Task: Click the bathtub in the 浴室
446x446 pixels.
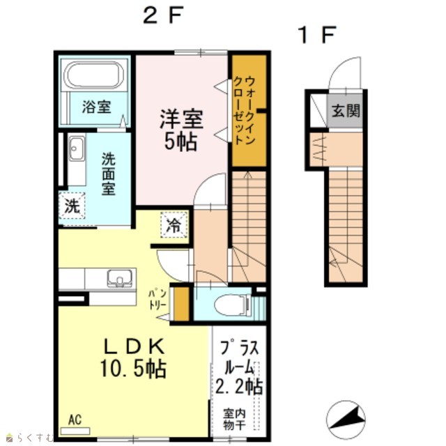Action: click(95, 75)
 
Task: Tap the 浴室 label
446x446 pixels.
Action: click(96, 107)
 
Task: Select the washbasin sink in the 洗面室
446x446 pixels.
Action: click(77, 148)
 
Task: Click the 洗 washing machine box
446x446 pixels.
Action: click(72, 206)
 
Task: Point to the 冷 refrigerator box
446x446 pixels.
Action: click(174, 224)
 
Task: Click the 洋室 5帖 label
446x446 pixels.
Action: click(181, 130)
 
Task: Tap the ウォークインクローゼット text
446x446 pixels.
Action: click(244, 110)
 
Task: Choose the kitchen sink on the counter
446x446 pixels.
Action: click(119, 278)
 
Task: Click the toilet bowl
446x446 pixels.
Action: click(231, 306)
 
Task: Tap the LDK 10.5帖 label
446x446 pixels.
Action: click(133, 357)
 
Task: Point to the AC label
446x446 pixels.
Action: click(75, 420)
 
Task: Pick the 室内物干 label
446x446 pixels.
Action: click(234, 420)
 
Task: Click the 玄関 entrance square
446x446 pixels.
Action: click(345, 111)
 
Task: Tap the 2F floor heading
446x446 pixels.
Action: click(162, 15)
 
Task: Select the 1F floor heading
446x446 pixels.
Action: click(317, 35)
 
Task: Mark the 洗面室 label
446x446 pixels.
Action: click(109, 174)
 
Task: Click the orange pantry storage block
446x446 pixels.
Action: click(181, 304)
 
